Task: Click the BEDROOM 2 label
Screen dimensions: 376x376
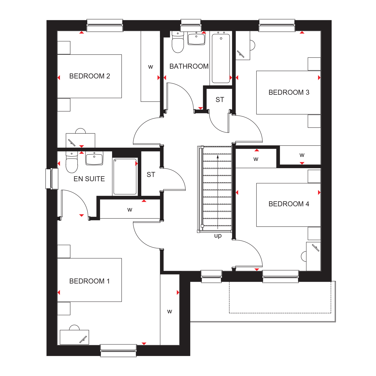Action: [90, 76]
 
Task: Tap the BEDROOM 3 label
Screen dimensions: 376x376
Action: [289, 92]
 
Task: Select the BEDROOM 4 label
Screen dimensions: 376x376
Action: [289, 204]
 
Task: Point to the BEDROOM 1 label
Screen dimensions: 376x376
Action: [89, 281]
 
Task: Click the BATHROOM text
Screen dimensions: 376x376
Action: [189, 66]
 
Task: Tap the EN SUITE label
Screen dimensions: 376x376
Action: [89, 179]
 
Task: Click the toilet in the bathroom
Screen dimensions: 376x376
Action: [178, 42]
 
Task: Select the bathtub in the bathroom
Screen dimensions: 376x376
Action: [221, 58]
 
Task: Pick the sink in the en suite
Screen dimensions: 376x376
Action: [94, 158]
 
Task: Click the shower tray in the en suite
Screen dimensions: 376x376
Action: [125, 176]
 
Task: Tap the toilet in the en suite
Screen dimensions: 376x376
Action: [72, 162]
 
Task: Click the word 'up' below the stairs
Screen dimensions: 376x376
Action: [218, 236]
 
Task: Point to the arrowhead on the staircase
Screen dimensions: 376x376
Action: [218, 157]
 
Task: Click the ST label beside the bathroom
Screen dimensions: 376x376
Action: [220, 100]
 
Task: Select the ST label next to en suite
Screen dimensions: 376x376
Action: [151, 175]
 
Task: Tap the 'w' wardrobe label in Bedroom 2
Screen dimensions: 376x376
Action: [150, 67]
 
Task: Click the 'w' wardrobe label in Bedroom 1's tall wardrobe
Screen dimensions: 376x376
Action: [170, 311]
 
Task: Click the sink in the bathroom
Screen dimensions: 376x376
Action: [196, 38]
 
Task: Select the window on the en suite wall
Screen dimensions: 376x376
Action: [52, 178]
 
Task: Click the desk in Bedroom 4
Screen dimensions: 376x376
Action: [313, 256]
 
